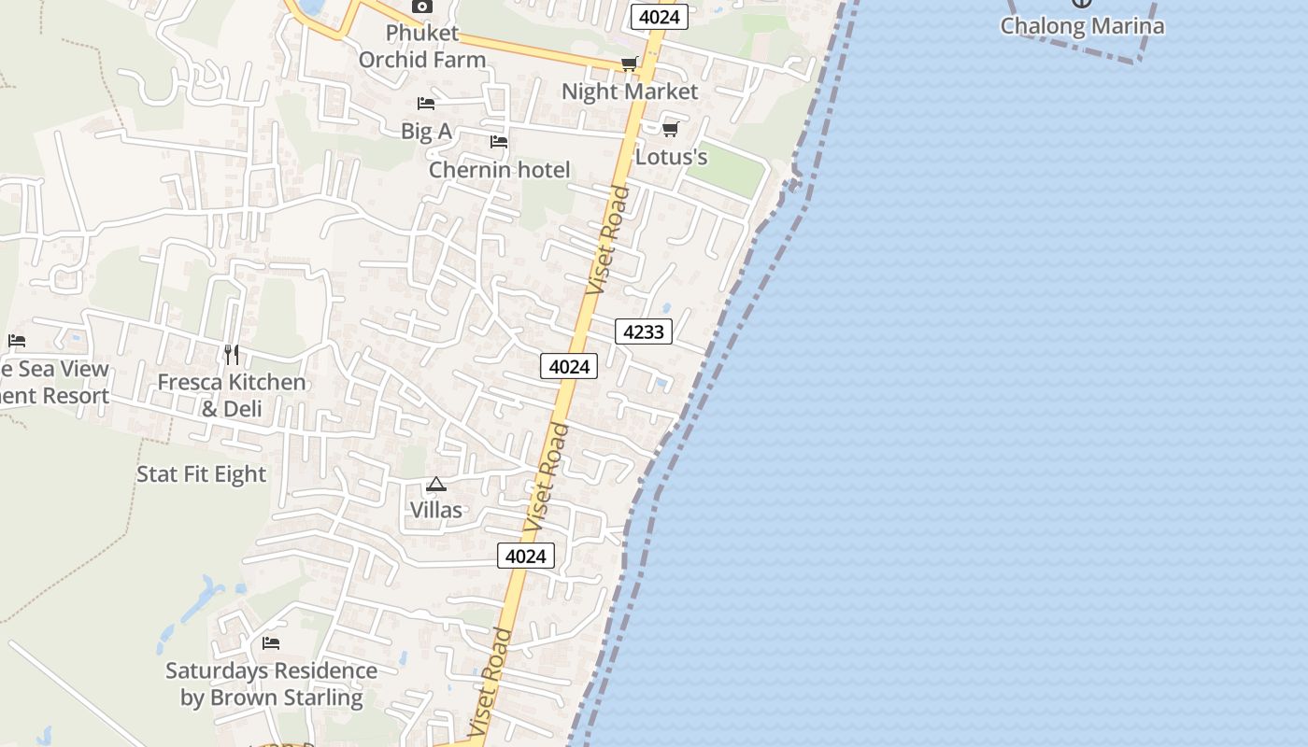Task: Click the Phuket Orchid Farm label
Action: click(422, 47)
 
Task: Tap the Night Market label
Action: click(630, 92)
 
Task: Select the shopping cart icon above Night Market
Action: click(630, 63)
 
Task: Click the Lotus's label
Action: click(671, 157)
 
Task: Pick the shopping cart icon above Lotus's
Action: click(670, 129)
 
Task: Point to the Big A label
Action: click(426, 132)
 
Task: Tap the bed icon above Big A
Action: click(426, 104)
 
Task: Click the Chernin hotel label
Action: click(499, 170)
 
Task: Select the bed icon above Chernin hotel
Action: click(499, 142)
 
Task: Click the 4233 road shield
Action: click(644, 331)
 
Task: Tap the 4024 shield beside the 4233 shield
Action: click(569, 367)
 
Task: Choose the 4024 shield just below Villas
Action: click(525, 557)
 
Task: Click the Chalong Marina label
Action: click(1082, 26)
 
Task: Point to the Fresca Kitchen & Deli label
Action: click(231, 395)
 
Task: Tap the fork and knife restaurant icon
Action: click(232, 355)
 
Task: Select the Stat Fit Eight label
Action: click(202, 474)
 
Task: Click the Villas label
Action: click(436, 510)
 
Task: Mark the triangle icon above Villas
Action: click(436, 484)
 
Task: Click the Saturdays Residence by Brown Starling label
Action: click(271, 684)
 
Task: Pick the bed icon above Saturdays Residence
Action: click(271, 642)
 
